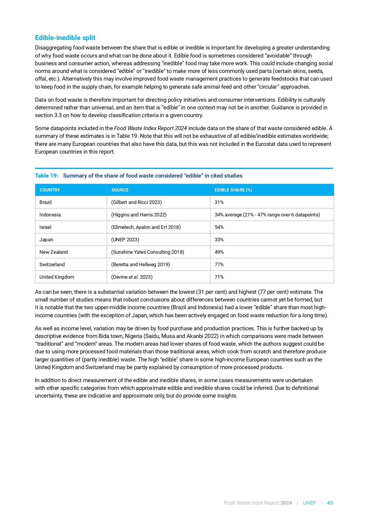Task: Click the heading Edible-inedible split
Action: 65,38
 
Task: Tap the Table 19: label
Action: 47,176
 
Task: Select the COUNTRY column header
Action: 50,190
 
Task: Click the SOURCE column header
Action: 120,190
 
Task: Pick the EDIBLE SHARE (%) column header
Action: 233,190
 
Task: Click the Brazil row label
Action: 45,202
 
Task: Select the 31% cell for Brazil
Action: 219,202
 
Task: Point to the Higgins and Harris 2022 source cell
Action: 139,215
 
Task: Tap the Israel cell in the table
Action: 45,227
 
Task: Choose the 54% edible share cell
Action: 219,227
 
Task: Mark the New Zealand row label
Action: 53,252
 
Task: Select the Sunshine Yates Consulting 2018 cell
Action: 147,252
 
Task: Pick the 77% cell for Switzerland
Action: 219,264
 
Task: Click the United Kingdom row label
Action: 57,277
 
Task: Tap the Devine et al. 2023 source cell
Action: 132,277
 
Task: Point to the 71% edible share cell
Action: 219,277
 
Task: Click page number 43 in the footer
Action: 330,503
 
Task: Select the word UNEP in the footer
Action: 309,503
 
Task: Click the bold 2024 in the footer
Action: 286,503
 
